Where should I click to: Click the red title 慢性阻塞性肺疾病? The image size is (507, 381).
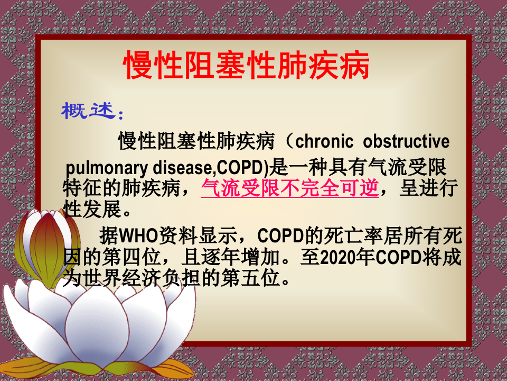pyautogui.click(x=247, y=66)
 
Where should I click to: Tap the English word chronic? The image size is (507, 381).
pyautogui.click(x=324, y=142)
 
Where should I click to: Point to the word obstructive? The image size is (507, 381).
pyautogui.click(x=407, y=142)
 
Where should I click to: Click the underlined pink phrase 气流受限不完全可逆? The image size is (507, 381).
pyautogui.click(x=290, y=189)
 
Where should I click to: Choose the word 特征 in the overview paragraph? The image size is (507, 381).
pyautogui.click(x=81, y=189)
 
